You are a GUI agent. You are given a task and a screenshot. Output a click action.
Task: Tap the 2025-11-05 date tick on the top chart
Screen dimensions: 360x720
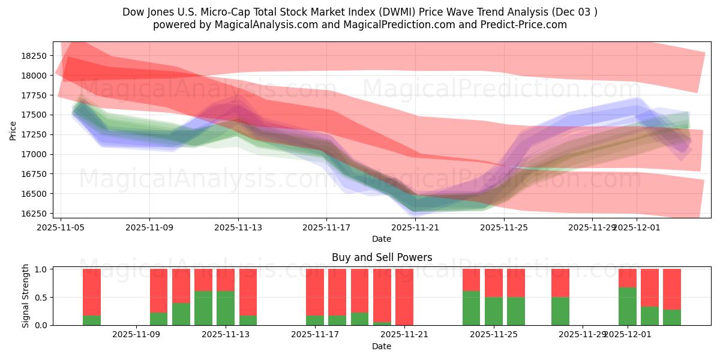click(61, 228)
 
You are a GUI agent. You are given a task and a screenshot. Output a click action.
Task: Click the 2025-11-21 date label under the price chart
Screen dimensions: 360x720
click(415, 228)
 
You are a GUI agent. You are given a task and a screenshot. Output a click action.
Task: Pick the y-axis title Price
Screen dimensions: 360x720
click(13, 130)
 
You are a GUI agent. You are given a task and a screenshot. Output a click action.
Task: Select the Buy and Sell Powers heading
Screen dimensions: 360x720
click(382, 257)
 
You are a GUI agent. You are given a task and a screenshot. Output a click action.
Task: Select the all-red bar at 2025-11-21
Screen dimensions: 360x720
click(404, 297)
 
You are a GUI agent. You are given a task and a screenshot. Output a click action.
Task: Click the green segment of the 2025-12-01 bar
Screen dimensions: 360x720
click(628, 306)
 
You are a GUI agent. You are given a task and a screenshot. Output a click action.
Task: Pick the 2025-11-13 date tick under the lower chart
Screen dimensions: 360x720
click(226, 334)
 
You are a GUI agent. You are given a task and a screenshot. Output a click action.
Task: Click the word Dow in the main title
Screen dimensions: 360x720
click(133, 12)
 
